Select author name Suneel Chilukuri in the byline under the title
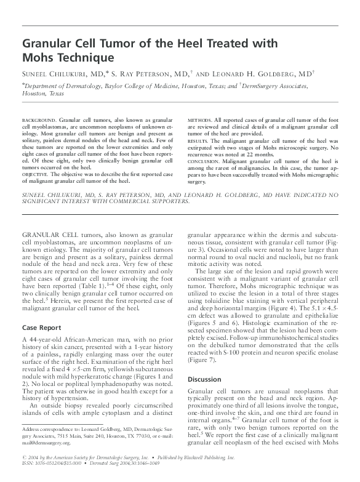(x=57, y=73)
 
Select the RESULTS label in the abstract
(x=197, y=141)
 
